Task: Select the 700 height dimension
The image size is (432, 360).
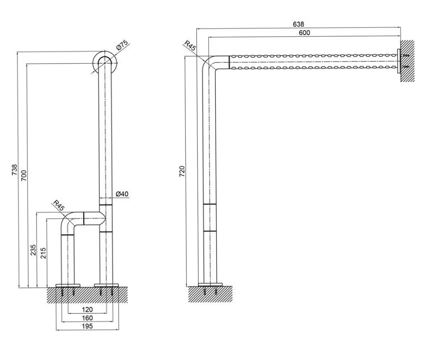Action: point(24,175)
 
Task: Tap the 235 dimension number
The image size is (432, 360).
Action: point(33,250)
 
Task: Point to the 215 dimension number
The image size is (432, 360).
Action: point(43,253)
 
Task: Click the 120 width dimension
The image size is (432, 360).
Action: point(87,310)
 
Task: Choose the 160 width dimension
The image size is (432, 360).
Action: point(87,318)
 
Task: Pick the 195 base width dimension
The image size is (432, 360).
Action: point(87,326)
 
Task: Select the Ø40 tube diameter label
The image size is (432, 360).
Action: point(122,194)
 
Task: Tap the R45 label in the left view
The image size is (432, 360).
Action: point(59,205)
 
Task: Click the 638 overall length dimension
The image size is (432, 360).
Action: point(298,24)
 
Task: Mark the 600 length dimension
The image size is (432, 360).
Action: point(304,33)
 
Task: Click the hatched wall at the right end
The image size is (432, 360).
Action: point(408,61)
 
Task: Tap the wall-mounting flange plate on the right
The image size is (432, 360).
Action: point(399,61)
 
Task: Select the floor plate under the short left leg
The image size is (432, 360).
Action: point(68,285)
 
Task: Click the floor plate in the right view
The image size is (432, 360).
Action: point(210,285)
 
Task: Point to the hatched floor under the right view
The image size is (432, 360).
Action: point(210,294)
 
